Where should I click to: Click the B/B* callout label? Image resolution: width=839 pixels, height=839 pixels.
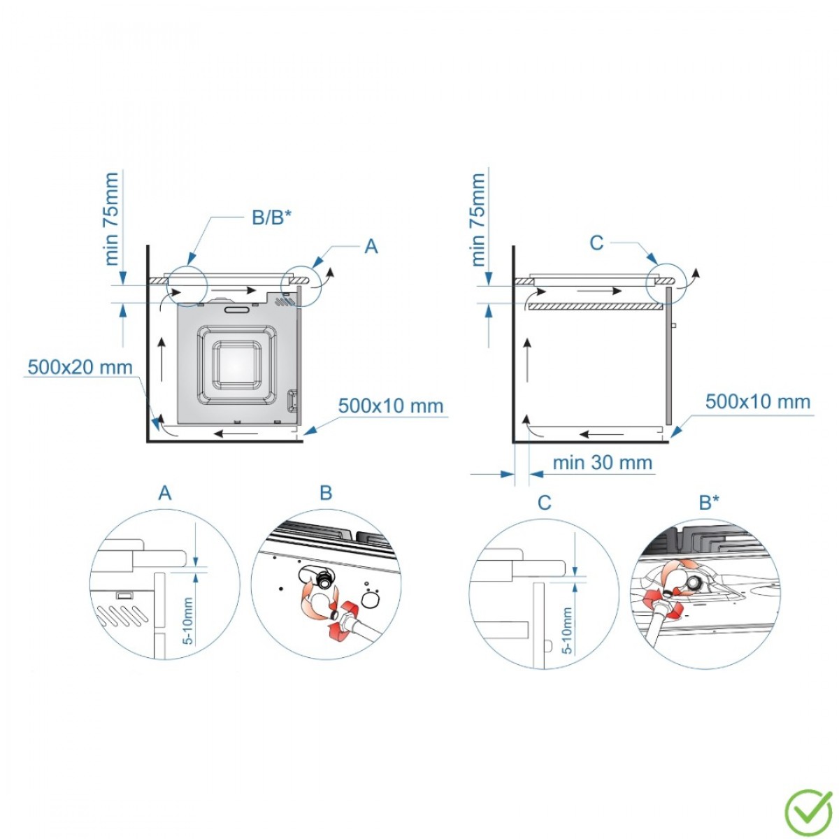pyautogui.click(x=271, y=217)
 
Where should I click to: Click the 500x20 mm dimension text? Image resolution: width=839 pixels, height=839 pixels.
pyautogui.click(x=80, y=366)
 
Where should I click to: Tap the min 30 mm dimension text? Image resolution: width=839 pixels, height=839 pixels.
pyautogui.click(x=602, y=463)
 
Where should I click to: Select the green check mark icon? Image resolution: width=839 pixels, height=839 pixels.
pyautogui.click(x=808, y=812)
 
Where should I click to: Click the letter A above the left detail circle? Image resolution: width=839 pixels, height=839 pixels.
pyautogui.click(x=165, y=494)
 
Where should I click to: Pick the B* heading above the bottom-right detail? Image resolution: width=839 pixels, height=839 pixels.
pyautogui.click(x=709, y=502)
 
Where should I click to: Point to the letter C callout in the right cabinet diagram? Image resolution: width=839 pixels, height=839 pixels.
pyautogui.click(x=596, y=243)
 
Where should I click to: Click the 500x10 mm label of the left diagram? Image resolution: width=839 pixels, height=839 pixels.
pyautogui.click(x=390, y=406)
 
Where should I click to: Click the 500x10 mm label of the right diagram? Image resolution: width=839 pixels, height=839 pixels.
pyautogui.click(x=758, y=401)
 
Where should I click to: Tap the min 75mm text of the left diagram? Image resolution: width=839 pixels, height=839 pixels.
pyautogui.click(x=112, y=219)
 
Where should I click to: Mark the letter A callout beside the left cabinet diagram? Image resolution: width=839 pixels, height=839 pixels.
pyautogui.click(x=371, y=247)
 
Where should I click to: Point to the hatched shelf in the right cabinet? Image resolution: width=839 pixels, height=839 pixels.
pyautogui.click(x=594, y=306)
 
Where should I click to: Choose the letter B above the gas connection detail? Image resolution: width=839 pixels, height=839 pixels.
pyautogui.click(x=326, y=494)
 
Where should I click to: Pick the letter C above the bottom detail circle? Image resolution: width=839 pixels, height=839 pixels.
pyautogui.click(x=545, y=502)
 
